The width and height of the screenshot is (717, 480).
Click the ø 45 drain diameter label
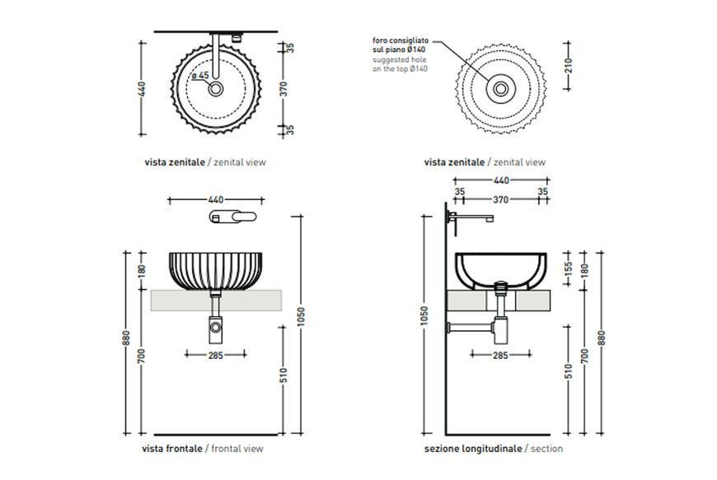200,76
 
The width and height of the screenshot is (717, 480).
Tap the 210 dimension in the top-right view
569,66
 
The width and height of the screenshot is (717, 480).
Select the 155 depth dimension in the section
569,269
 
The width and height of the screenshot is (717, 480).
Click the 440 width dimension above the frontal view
216,199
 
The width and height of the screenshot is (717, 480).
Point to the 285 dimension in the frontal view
216,355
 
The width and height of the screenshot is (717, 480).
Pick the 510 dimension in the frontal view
284,375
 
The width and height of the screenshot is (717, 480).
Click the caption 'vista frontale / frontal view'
203,449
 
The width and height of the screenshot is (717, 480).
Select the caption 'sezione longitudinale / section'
494,449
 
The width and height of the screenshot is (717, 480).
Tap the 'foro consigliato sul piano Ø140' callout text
400,44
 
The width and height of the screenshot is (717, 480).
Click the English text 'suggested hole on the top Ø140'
400,64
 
